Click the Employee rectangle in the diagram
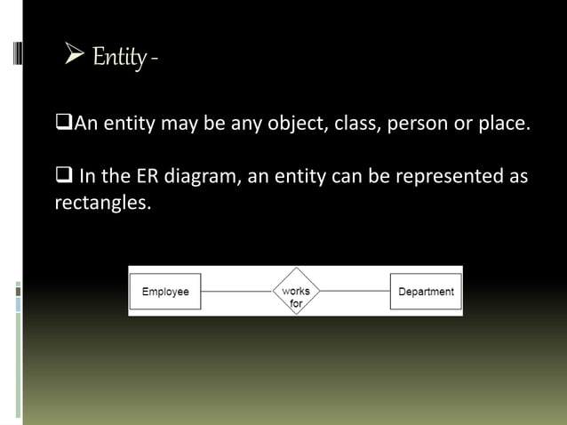(x=165, y=292)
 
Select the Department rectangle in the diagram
(x=426, y=292)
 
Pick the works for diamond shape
(x=296, y=292)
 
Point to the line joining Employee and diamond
(x=236, y=292)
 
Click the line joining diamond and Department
(x=355, y=292)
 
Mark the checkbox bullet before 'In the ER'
(x=62, y=176)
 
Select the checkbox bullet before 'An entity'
(x=62, y=123)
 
